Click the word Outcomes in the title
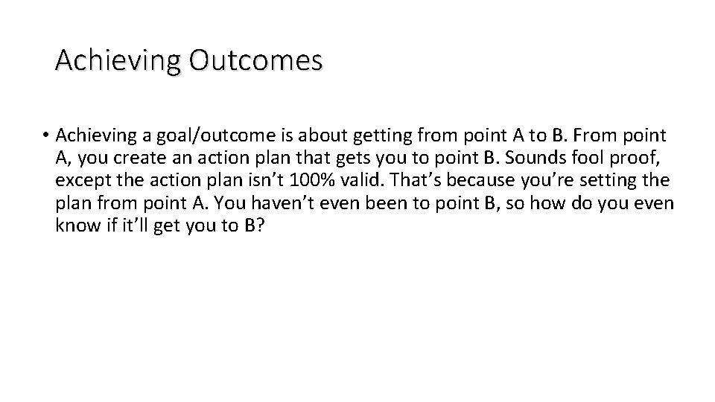(255, 60)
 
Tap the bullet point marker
(46, 136)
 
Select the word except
(83, 180)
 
